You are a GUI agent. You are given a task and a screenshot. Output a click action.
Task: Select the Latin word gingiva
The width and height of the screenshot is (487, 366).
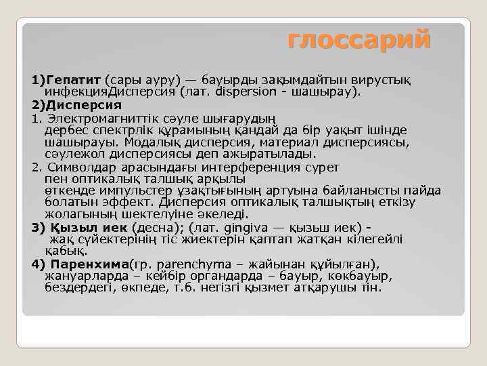(x=237, y=227)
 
